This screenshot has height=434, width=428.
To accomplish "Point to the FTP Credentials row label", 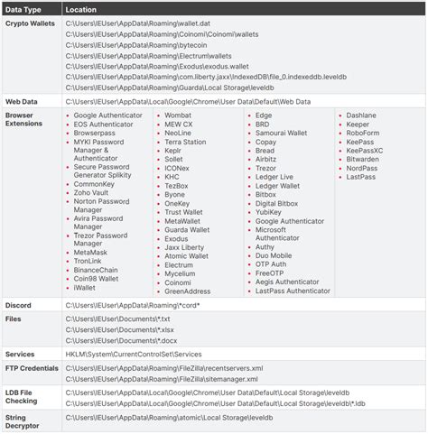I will click(32, 370).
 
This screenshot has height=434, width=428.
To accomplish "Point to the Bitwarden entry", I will click(363, 159).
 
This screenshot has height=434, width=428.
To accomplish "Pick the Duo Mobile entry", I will click(274, 256).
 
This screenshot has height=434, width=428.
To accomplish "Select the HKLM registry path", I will click(134, 355).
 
